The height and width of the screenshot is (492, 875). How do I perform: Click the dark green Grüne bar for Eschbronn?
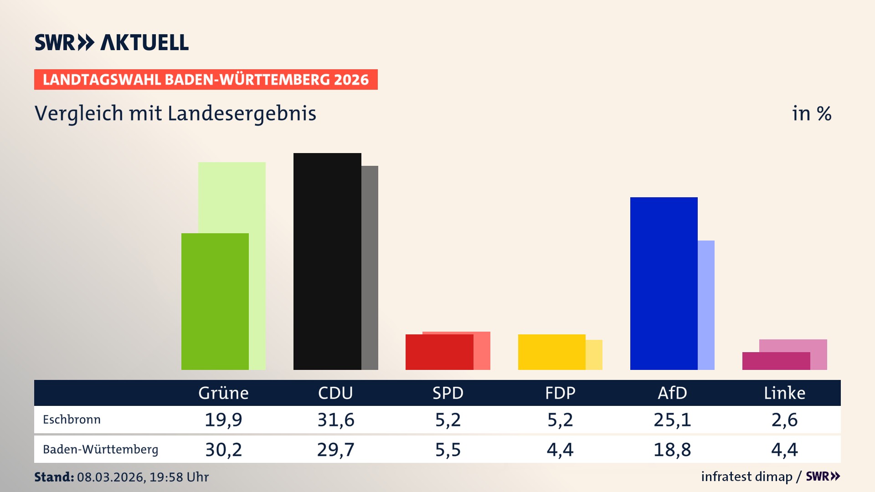215,301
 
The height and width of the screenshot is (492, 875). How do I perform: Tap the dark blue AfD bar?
664,283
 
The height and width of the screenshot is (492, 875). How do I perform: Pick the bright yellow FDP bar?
551,352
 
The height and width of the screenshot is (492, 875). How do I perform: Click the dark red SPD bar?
439,352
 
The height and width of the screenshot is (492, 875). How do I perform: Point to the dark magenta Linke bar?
776,361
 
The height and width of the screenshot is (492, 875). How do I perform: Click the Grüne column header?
223,393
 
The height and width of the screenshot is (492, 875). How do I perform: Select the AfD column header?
672,393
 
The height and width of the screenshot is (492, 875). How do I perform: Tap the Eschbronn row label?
72,420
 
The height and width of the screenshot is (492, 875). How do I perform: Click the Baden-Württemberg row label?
100,450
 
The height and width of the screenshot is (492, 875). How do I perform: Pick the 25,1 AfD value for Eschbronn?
672,420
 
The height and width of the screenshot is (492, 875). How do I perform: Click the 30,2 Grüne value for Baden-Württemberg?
223,450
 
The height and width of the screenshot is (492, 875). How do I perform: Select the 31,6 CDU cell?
336,420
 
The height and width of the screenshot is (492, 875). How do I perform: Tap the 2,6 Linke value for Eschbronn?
784,420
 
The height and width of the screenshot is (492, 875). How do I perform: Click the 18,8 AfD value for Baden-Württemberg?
672,450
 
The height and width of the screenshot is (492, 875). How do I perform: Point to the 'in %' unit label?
811,113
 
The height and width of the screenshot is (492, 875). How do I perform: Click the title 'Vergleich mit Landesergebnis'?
175,113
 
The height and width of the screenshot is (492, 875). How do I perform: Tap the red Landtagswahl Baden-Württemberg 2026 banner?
206,79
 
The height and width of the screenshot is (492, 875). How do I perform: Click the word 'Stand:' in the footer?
54,477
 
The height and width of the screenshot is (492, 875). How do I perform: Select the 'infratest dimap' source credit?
746,477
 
